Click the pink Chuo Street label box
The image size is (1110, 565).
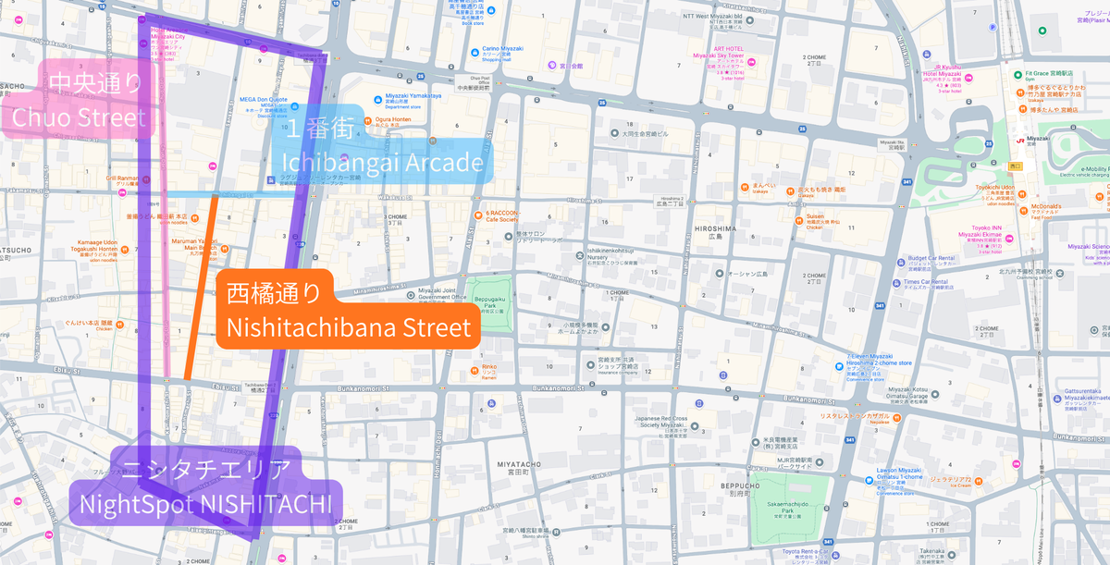tap(79, 102)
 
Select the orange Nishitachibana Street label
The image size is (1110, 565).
tap(348, 312)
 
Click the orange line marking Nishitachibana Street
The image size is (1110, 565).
tap(201, 287)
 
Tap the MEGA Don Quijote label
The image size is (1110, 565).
tap(264, 99)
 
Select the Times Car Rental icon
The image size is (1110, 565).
tap(894, 282)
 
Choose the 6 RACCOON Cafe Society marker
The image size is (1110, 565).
tap(491, 213)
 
